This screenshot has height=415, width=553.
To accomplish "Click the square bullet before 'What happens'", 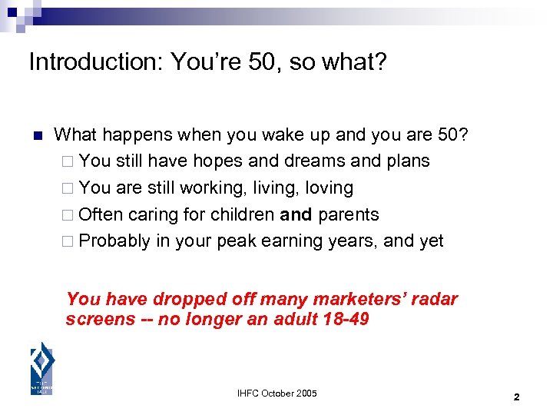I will [36, 135].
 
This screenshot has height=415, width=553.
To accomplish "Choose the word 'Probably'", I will [114, 241].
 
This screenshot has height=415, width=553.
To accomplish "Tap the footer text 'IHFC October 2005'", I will [276, 393].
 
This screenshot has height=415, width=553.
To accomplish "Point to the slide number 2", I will [516, 397].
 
